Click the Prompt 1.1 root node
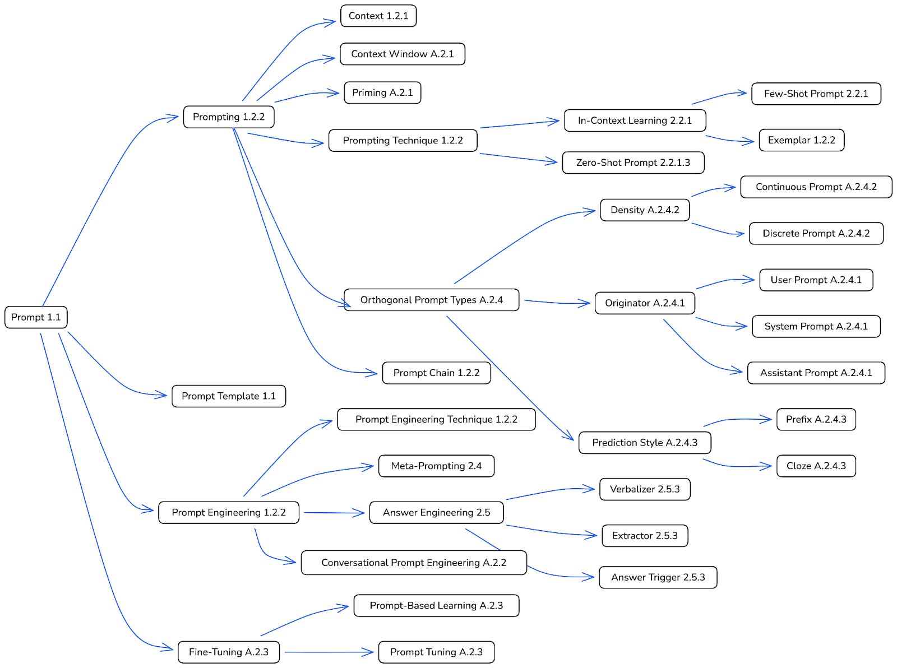tap(36, 317)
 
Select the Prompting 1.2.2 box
tap(229, 117)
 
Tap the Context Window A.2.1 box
tap(402, 54)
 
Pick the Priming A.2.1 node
tap(382, 92)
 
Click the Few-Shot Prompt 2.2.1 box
tap(816, 94)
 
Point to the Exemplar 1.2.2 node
tap(801, 140)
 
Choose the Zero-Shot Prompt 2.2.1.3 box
tap(633, 163)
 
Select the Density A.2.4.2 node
tap(645, 210)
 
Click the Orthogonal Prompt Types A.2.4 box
tap(431, 300)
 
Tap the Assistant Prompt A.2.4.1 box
tap(816, 373)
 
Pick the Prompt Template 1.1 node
tap(229, 396)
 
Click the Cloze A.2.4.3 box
tap(816, 466)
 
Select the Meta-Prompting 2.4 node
tap(436, 466)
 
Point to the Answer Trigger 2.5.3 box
tap(658, 577)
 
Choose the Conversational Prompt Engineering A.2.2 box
tap(414, 563)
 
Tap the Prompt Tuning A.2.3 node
tap(436, 652)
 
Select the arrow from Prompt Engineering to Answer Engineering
tap(334, 512)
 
